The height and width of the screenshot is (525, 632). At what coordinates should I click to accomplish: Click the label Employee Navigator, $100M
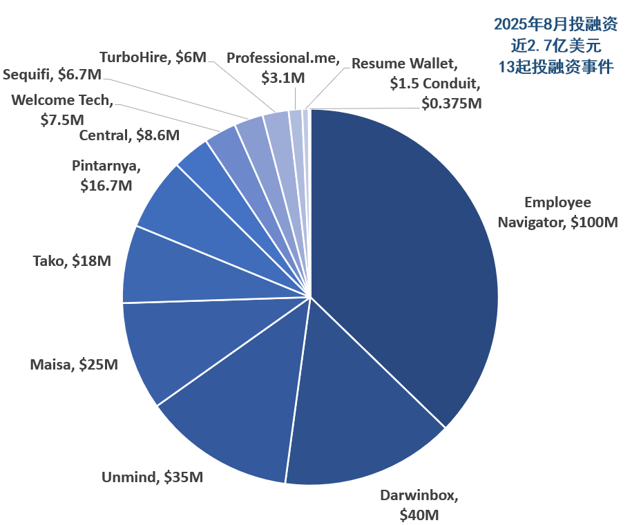coord(557,212)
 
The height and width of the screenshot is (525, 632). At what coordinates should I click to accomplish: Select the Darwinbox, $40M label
coord(419,505)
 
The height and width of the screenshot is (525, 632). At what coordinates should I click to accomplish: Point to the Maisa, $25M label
coord(74,363)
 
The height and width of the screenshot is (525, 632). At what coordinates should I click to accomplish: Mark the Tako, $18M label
coord(72,261)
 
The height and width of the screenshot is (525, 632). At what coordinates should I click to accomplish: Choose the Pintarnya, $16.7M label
coord(106,175)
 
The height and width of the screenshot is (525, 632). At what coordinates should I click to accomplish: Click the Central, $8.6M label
coord(129,135)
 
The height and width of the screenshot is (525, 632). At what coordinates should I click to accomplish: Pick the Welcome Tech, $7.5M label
coord(61,109)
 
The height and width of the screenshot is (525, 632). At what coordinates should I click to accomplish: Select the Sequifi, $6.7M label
coord(52,74)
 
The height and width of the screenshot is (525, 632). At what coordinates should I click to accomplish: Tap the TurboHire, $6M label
coord(153,57)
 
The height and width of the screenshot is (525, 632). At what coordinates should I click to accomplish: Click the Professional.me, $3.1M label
coord(283,68)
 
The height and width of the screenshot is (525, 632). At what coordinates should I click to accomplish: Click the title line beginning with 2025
coord(556,25)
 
